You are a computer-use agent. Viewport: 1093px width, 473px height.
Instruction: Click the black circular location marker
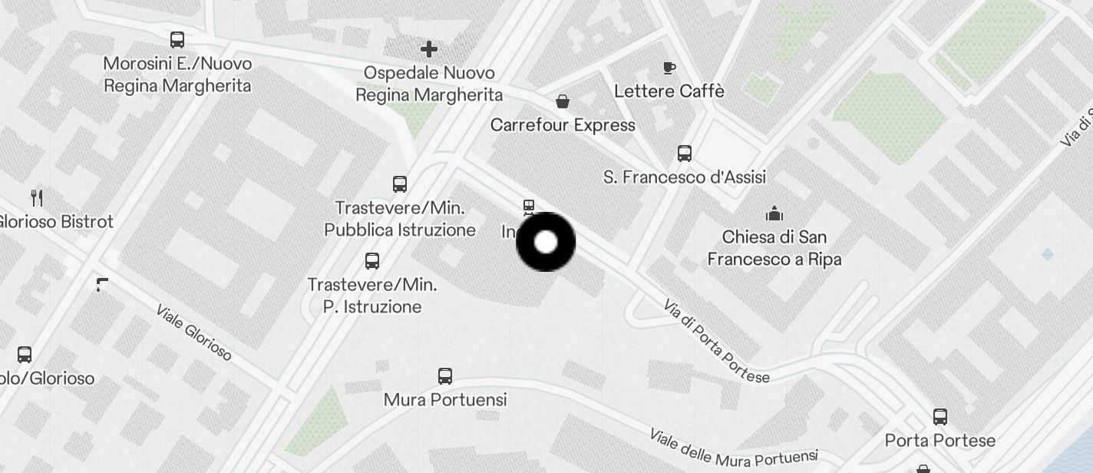point(546,242)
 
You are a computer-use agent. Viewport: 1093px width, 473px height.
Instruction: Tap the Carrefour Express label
point(563,125)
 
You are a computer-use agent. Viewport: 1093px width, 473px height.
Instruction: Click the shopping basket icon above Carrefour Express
point(563,101)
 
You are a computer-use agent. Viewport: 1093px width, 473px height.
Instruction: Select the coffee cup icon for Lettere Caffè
point(669,68)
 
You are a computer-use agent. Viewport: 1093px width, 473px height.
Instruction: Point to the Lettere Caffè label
point(669,91)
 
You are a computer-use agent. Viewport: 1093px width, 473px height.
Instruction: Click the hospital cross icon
point(429,50)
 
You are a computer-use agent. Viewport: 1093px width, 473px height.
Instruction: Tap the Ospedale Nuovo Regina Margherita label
point(429,84)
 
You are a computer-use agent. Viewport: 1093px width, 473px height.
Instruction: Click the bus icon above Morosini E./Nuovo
point(177,39)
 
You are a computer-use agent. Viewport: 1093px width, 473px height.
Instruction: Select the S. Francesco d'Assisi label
point(685,177)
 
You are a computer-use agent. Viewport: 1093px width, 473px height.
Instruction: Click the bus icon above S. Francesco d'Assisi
point(685,154)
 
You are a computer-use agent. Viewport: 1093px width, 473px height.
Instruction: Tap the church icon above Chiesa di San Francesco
point(774,213)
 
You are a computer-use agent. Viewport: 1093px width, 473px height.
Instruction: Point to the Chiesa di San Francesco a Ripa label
point(774,248)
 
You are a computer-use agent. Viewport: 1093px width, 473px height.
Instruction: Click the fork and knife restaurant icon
point(37,197)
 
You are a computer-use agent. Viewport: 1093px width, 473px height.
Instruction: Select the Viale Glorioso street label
point(193,332)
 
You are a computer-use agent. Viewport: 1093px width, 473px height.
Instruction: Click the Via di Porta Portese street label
point(715,342)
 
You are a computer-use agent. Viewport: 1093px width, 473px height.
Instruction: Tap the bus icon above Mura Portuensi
point(445,375)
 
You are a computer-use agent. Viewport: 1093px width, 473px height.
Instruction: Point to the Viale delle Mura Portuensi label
point(733,448)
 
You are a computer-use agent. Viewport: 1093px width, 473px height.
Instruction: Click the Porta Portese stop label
point(940,441)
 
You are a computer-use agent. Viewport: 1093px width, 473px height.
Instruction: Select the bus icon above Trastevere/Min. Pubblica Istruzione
point(400,184)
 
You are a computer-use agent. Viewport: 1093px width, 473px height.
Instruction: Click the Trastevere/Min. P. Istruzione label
point(373,296)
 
